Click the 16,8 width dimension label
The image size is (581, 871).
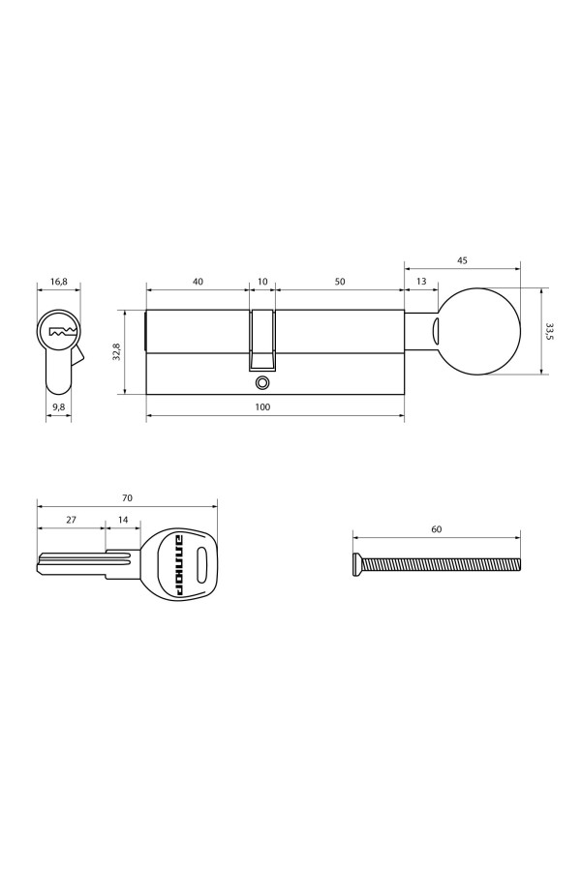pos(59,282)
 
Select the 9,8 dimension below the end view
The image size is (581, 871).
pos(59,407)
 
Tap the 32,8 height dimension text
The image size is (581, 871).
pos(116,352)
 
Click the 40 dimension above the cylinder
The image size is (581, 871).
pos(198,282)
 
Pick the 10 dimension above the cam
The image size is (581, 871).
pos(262,282)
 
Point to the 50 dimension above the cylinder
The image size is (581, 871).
pos(340,282)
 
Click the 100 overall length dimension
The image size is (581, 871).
pos(262,407)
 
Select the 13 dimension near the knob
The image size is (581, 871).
pos(420,282)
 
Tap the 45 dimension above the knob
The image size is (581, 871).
pos(462,259)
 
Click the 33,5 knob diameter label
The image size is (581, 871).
pos(549,331)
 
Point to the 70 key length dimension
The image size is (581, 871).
pos(127,497)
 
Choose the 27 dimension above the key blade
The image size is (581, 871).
pos(71,520)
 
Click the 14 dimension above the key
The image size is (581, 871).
pos(122,520)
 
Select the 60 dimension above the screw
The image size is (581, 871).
pos(436,529)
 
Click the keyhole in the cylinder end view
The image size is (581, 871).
pos(60,332)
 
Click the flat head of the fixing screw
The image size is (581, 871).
pos(357,563)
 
